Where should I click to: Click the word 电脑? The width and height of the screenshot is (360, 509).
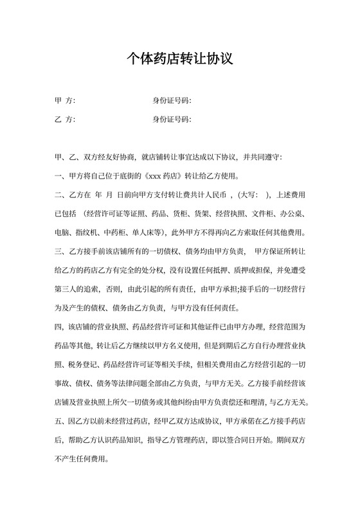pyautogui.click(x=64, y=232)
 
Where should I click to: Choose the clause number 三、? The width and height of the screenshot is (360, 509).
pyautogui.click(x=61, y=251)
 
